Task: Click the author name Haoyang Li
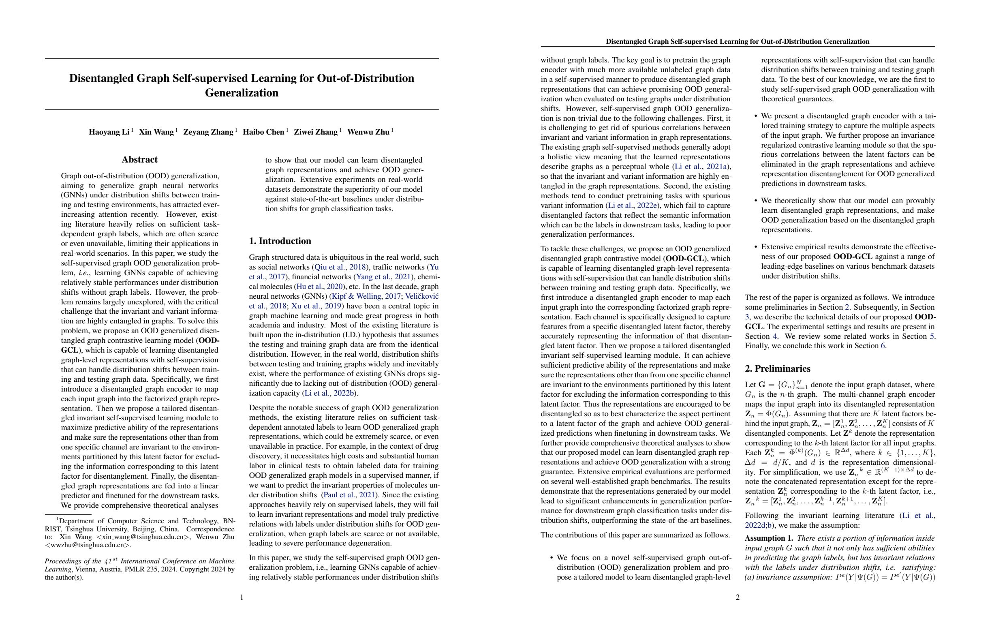(x=109, y=132)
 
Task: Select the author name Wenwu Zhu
(x=368, y=132)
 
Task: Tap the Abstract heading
(x=140, y=160)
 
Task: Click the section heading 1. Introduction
(x=280, y=241)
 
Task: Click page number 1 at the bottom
(x=242, y=597)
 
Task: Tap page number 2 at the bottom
(x=738, y=597)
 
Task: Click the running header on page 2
(x=738, y=42)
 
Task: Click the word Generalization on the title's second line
(x=242, y=92)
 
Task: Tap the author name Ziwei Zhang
(x=316, y=132)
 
